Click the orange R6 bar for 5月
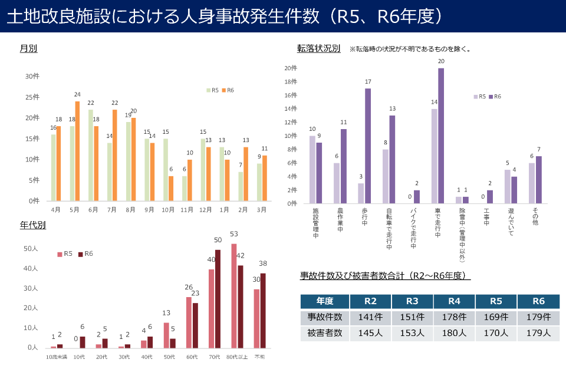(x=77, y=151)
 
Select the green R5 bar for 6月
(x=91, y=155)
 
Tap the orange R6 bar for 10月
(x=171, y=188)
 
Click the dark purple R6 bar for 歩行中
(x=368, y=146)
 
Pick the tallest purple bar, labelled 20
(x=441, y=136)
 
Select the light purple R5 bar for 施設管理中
(x=312, y=170)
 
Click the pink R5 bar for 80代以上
(x=234, y=296)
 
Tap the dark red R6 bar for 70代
(x=218, y=299)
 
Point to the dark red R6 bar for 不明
(x=263, y=311)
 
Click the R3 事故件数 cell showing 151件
(x=412, y=317)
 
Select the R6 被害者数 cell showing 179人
(x=538, y=333)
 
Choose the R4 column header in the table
(x=454, y=301)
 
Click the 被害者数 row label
(x=325, y=333)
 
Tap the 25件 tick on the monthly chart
(x=32, y=97)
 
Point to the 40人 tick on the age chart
(x=31, y=269)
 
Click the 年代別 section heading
(x=33, y=225)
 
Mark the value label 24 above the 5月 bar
(x=77, y=94)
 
